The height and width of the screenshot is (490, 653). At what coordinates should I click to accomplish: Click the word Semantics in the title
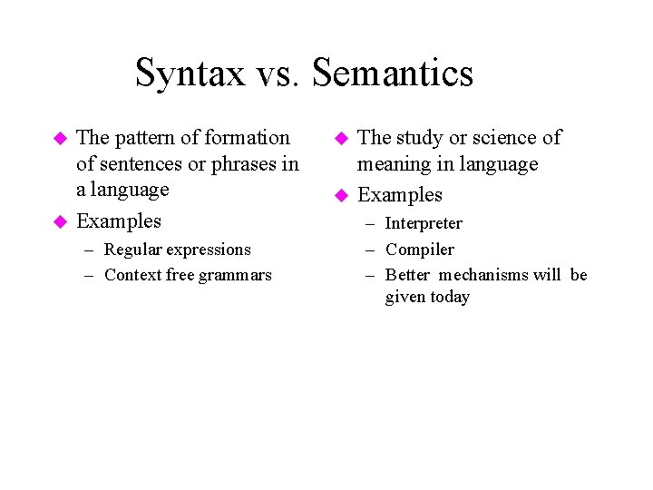pos(393,73)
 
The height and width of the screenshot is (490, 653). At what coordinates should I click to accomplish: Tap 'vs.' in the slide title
pos(279,73)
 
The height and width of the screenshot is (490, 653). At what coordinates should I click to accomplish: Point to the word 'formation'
pos(248,138)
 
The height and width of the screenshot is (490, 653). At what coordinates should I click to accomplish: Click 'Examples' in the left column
pos(119,221)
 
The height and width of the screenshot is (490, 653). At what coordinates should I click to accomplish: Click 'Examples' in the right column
pos(400,195)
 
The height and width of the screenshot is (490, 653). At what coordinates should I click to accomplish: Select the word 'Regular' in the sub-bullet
pos(134,250)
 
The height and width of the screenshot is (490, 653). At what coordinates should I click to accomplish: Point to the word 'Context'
pos(133,275)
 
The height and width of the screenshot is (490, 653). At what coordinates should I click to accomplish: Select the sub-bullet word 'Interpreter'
pos(424,223)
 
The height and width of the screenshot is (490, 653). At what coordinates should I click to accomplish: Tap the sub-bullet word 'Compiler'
pos(420,250)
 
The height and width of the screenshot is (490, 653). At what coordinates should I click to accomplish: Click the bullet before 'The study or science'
pos(341,139)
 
